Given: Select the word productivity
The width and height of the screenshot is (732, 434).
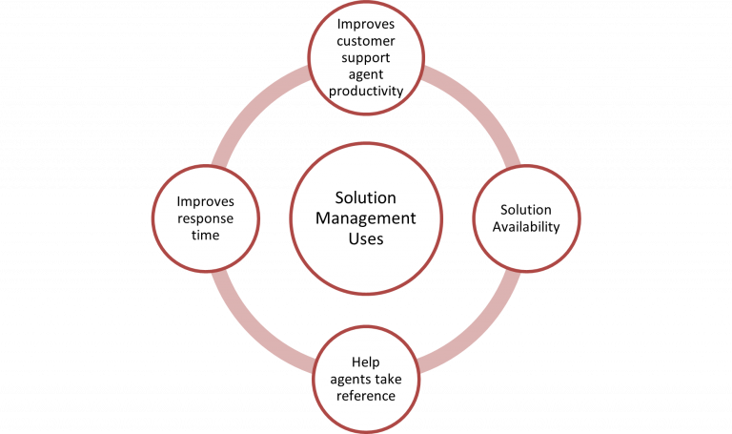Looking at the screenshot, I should [366, 91].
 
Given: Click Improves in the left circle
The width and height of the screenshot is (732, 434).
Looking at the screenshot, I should [206, 201].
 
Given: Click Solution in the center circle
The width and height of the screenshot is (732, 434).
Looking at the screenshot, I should [366, 197].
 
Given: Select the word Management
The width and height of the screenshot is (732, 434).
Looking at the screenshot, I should [366, 218].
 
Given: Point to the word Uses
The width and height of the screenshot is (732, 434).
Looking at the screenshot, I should [366, 238].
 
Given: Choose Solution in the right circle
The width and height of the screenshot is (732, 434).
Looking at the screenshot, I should [526, 210].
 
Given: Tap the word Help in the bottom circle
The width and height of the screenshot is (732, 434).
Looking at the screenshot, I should [366, 362].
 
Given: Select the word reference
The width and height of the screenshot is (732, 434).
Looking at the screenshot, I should [366, 395].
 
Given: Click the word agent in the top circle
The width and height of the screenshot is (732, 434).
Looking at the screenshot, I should [366, 75].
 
